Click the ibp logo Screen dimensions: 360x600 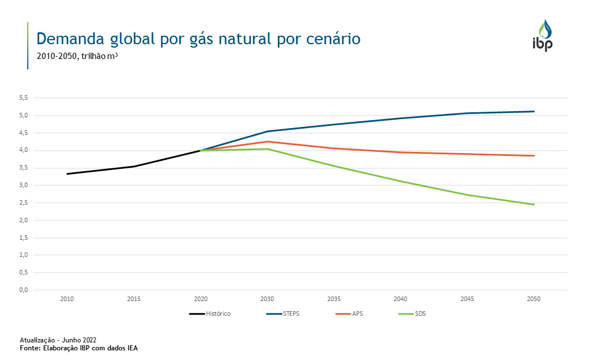(542, 36)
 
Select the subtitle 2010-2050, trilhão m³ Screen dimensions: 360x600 (77, 56)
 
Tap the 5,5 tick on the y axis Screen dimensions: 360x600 (23, 98)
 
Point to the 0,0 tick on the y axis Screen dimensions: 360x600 (23, 290)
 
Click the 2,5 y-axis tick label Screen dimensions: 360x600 (23, 202)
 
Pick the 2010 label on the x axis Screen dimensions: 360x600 (67, 299)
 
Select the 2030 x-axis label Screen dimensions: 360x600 (267, 299)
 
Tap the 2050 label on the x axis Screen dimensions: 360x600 (534, 299)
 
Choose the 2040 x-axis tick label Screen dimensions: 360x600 (400, 299)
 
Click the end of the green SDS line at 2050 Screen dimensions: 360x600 (534, 204)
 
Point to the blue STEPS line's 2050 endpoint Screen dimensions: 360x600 (534, 112)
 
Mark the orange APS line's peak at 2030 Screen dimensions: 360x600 (267, 142)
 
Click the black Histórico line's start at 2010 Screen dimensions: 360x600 (67, 173)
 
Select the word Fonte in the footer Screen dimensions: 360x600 (29, 348)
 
